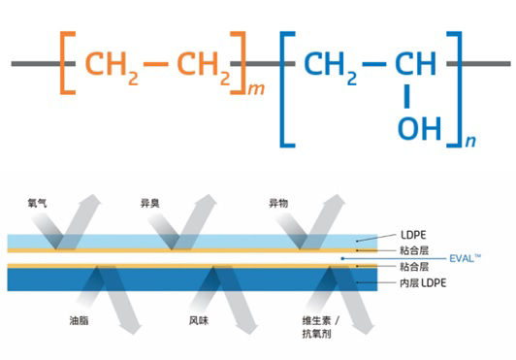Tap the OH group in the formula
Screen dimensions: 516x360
[418, 128]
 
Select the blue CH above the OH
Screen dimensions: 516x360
[417, 64]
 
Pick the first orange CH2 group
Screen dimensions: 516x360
[110, 65]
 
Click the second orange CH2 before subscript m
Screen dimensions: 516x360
[204, 65]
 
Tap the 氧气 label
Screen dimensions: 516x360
[41, 204]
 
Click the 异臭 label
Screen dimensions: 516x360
[151, 204]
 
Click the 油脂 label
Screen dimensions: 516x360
[80, 319]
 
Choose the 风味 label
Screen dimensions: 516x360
[199, 319]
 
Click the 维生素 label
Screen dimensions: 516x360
[318, 319]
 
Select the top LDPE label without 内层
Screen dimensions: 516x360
[412, 235]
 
